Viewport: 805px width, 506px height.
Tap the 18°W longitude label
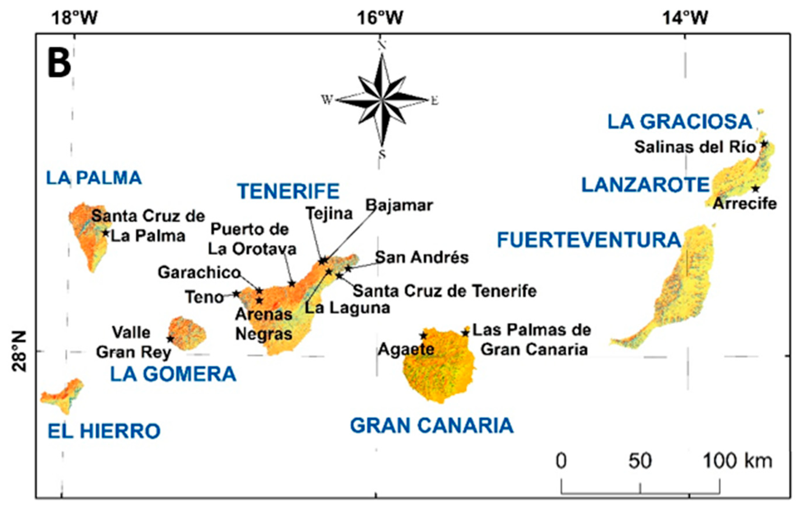[74, 17]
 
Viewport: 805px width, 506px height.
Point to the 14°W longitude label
[685, 17]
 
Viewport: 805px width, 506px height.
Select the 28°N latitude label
[19, 351]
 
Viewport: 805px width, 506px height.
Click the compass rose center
[381, 100]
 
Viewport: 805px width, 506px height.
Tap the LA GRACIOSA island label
[680, 122]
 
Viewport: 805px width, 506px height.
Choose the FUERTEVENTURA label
[589, 240]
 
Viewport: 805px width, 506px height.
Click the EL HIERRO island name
[104, 431]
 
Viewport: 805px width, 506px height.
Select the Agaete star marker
[424, 335]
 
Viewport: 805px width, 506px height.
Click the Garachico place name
[199, 273]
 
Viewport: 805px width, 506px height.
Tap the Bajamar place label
[399, 205]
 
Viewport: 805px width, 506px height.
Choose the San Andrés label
[422, 257]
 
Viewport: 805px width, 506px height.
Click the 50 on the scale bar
[640, 461]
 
